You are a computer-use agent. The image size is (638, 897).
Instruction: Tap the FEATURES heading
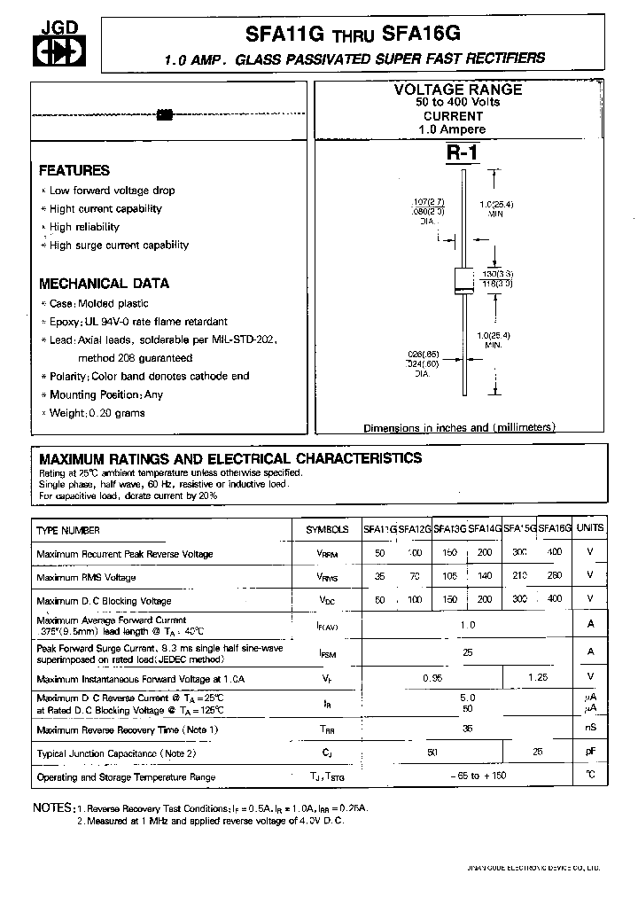click(x=74, y=170)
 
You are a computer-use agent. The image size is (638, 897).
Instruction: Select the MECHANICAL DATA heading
click(x=104, y=284)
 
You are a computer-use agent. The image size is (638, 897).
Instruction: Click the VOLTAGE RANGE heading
click(x=457, y=90)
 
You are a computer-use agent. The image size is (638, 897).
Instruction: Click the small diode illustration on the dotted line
click(x=164, y=114)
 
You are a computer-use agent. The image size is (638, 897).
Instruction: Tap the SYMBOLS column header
click(x=327, y=529)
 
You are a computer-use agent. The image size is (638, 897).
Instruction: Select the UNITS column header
click(x=589, y=527)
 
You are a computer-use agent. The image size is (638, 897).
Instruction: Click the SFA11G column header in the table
click(x=379, y=529)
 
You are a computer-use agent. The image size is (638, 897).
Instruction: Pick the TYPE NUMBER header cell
click(x=68, y=529)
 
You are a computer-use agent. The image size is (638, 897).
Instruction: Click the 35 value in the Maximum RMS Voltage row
click(x=380, y=577)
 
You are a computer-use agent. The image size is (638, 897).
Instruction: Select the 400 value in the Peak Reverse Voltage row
click(x=555, y=553)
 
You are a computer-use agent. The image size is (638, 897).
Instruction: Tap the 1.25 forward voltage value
click(x=537, y=678)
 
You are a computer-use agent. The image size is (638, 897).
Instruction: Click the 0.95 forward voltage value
click(x=432, y=678)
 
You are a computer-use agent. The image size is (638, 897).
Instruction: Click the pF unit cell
click(x=589, y=753)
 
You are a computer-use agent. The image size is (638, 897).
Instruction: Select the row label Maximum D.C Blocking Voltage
click(x=104, y=600)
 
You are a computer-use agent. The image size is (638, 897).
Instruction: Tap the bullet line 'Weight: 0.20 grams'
click(x=97, y=413)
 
